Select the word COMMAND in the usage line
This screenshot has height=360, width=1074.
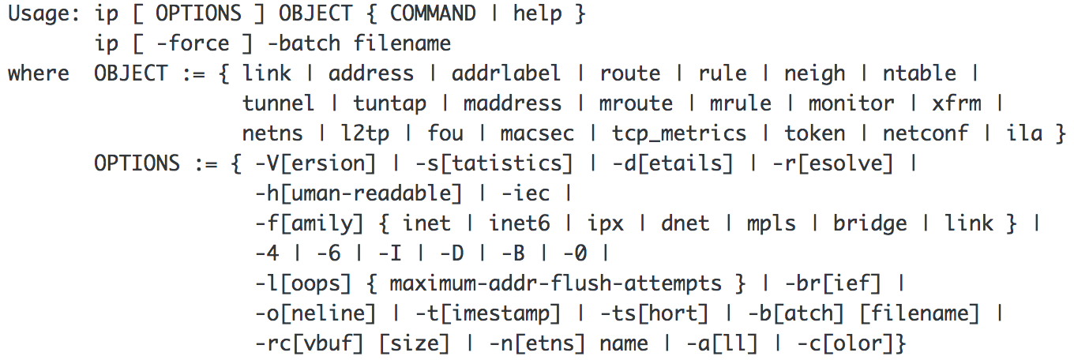(433, 14)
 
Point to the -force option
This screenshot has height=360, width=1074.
(193, 43)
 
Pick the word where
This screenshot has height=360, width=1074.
(39, 74)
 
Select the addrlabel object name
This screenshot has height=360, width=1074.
(506, 74)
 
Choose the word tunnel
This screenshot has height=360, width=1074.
(278, 103)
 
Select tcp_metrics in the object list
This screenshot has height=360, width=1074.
(678, 133)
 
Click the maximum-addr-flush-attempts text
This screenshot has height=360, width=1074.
(555, 283)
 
